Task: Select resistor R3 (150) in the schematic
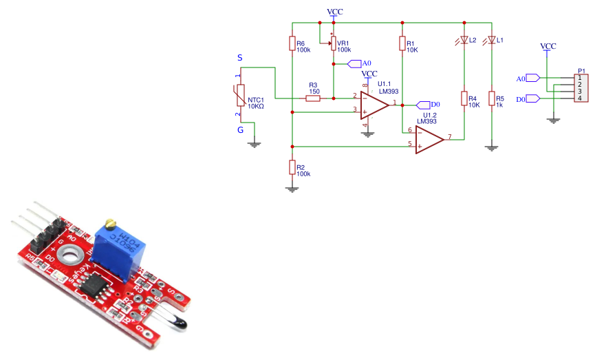(x=313, y=98)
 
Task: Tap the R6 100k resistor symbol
(x=292, y=44)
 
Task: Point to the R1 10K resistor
(x=402, y=44)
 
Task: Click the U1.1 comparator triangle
(x=375, y=104)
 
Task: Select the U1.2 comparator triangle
(x=429, y=138)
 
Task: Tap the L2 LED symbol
(x=464, y=40)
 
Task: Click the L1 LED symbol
(x=492, y=40)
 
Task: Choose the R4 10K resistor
(x=464, y=99)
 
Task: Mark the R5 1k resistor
(x=492, y=99)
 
